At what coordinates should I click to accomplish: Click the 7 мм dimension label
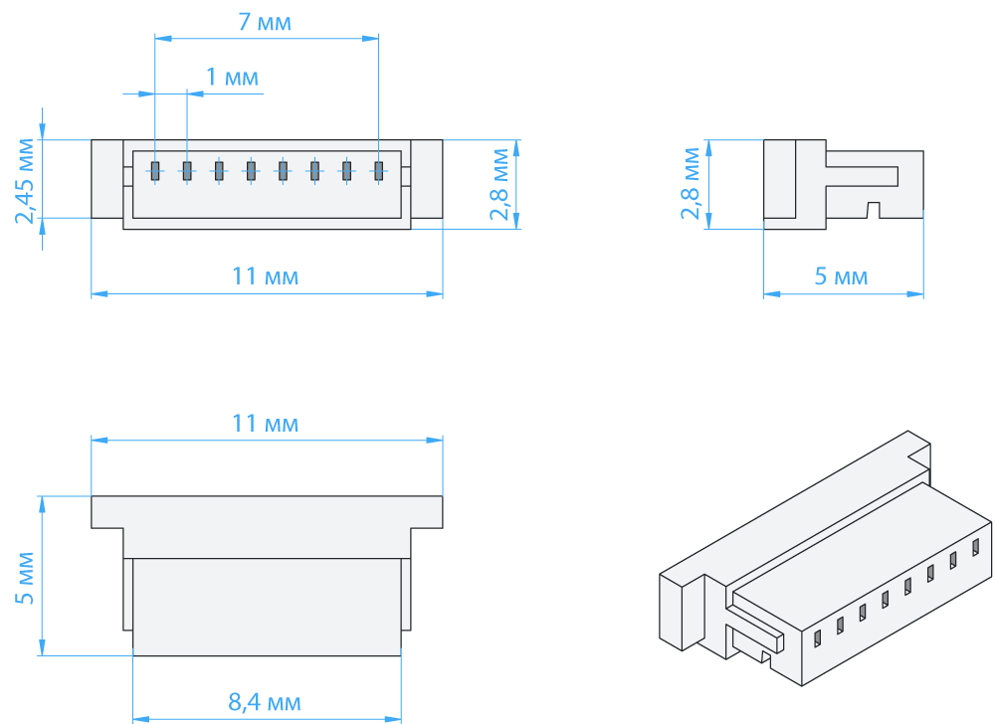pyautogui.click(x=265, y=22)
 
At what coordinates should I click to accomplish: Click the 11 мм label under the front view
pyautogui.click(x=265, y=276)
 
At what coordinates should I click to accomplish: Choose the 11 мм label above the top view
pyautogui.click(x=265, y=424)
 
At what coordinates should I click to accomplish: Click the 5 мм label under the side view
pyautogui.click(x=841, y=276)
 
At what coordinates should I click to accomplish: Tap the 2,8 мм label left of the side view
pyautogui.click(x=689, y=184)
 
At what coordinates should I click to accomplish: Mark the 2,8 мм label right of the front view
pyautogui.click(x=501, y=184)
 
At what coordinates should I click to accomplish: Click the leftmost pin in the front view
pyautogui.click(x=155, y=170)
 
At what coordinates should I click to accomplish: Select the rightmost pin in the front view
pyautogui.click(x=378, y=170)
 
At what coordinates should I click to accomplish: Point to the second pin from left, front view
pyautogui.click(x=186, y=170)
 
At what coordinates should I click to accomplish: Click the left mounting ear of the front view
pyautogui.click(x=106, y=178)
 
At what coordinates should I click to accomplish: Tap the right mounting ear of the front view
pyautogui.click(x=427, y=178)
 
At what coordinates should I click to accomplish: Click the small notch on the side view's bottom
pyautogui.click(x=873, y=209)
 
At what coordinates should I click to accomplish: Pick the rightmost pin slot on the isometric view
pyautogui.click(x=976, y=546)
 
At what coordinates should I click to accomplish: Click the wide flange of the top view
pyautogui.click(x=267, y=511)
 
